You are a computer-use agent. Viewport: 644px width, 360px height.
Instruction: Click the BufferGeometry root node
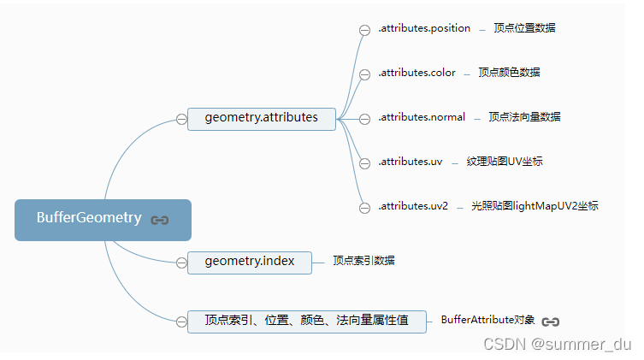click(x=89, y=218)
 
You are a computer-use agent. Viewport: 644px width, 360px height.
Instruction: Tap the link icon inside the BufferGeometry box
click(x=160, y=220)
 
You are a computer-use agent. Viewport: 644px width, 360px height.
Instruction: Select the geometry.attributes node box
click(x=262, y=118)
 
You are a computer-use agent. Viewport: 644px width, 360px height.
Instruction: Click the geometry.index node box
click(x=250, y=262)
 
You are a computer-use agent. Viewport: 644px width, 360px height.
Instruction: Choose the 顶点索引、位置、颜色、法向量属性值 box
click(x=306, y=321)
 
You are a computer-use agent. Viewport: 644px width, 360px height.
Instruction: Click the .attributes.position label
click(x=424, y=28)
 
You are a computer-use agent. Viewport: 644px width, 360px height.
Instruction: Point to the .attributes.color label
click(x=417, y=73)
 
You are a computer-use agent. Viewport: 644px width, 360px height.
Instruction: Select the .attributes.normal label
click(x=422, y=117)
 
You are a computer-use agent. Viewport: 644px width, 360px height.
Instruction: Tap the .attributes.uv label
click(x=411, y=162)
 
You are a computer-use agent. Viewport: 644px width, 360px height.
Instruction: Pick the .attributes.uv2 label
click(x=413, y=206)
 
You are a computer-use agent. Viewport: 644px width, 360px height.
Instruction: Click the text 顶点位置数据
click(x=524, y=28)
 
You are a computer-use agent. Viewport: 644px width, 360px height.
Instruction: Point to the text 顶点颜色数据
click(x=509, y=73)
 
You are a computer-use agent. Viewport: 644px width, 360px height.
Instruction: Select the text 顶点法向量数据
click(x=524, y=117)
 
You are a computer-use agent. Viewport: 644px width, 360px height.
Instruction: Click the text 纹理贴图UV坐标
click(x=505, y=162)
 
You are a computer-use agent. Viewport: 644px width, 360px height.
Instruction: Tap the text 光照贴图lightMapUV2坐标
click(x=535, y=206)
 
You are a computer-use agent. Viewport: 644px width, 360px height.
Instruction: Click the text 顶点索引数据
click(x=363, y=261)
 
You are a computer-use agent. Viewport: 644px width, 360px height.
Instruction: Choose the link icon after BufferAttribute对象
click(x=551, y=322)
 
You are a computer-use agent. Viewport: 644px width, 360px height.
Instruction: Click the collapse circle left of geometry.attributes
click(x=181, y=119)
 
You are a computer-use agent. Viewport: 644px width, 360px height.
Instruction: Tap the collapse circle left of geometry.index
click(x=181, y=263)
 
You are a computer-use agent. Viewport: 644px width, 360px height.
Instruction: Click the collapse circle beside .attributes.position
click(x=364, y=30)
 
